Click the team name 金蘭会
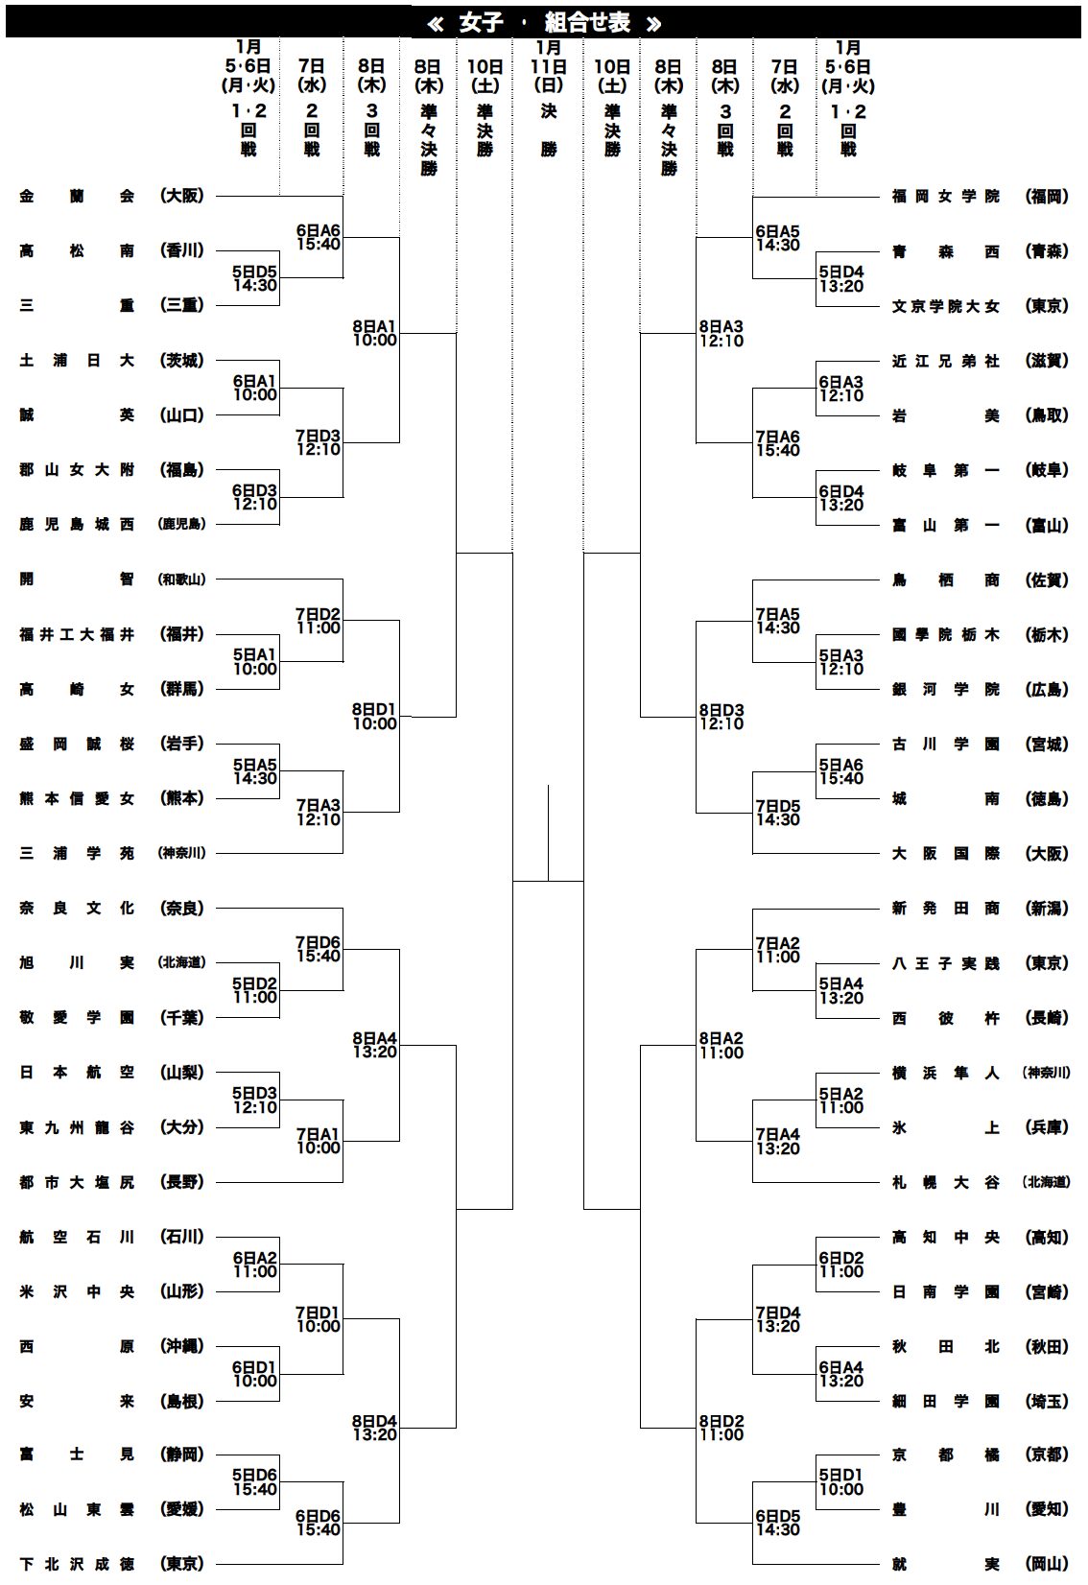click(77, 196)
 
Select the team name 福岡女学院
click(945, 196)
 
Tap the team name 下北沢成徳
click(77, 1564)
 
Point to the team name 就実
click(945, 1564)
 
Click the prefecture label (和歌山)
click(182, 580)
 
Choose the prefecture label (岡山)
click(1047, 1564)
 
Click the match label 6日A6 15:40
click(319, 237)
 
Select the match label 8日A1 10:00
click(374, 333)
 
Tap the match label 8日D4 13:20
click(374, 1428)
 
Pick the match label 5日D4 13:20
click(841, 278)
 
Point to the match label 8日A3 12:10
click(721, 333)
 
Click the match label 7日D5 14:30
click(777, 813)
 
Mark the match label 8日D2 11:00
click(721, 1428)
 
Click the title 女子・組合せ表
click(544, 22)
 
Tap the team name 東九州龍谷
click(77, 1127)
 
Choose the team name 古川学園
click(945, 744)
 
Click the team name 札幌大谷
click(945, 1182)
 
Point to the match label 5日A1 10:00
click(255, 662)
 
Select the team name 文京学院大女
click(945, 306)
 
